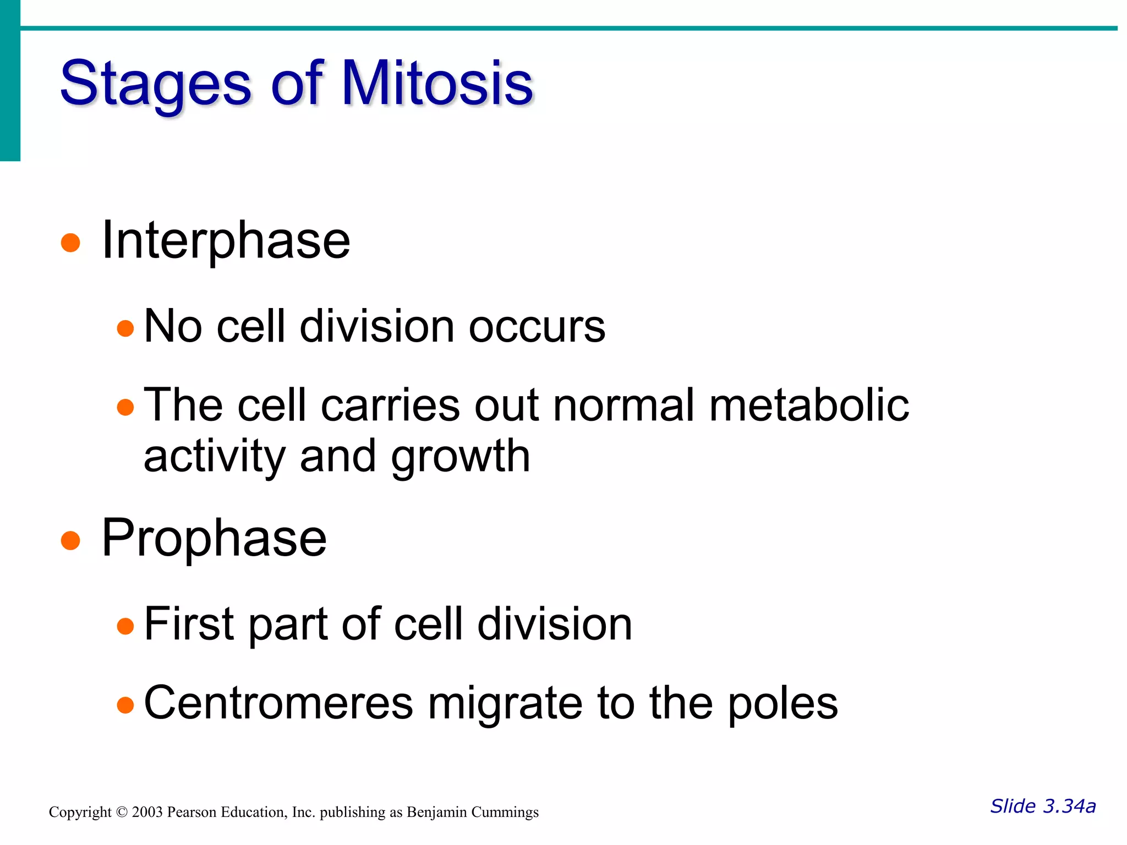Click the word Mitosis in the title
[437, 84]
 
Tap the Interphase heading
[226, 240]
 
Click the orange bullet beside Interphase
[70, 242]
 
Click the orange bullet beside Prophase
[70, 540]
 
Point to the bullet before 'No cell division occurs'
[125, 328]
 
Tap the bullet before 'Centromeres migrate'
[125, 705]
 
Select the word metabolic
[809, 405]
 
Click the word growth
[461, 457]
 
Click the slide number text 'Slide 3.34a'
[1043, 806]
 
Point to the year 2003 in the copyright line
[147, 812]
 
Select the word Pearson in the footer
[192, 812]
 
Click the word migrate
[505, 704]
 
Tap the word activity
[214, 457]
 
